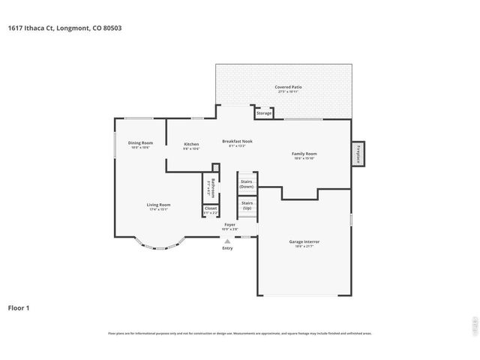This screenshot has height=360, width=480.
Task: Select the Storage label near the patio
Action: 263,113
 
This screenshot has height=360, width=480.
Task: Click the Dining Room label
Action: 140,143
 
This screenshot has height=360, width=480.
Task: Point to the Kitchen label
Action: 191,145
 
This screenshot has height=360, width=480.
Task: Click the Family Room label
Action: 304,155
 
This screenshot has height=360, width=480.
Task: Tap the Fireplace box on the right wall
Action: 358,154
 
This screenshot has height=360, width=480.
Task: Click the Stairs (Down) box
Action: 247,184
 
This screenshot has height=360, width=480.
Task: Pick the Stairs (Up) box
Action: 247,205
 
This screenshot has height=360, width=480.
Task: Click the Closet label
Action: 211,209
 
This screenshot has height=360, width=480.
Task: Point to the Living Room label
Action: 158,205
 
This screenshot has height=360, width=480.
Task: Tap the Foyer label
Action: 229,224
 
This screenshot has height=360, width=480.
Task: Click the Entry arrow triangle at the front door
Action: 227,241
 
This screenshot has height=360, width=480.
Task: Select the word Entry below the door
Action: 227,248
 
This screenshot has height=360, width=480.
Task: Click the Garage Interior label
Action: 304,242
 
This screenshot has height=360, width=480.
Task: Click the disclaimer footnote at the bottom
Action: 240,333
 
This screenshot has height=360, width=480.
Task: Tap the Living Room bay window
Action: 158,245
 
